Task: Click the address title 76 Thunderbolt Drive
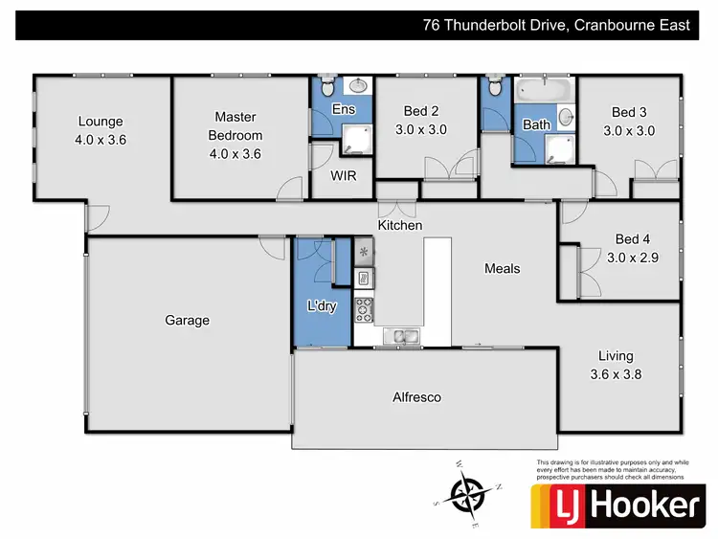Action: point(556,26)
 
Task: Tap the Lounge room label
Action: point(101,122)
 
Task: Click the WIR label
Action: point(344,177)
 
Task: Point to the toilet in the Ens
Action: point(326,88)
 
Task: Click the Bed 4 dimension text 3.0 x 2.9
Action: point(633,257)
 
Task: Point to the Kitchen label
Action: point(400,225)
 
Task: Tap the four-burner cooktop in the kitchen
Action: point(365,309)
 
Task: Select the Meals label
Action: point(501,269)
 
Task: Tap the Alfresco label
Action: point(417,396)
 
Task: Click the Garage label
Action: point(187,321)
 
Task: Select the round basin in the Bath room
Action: point(566,118)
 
